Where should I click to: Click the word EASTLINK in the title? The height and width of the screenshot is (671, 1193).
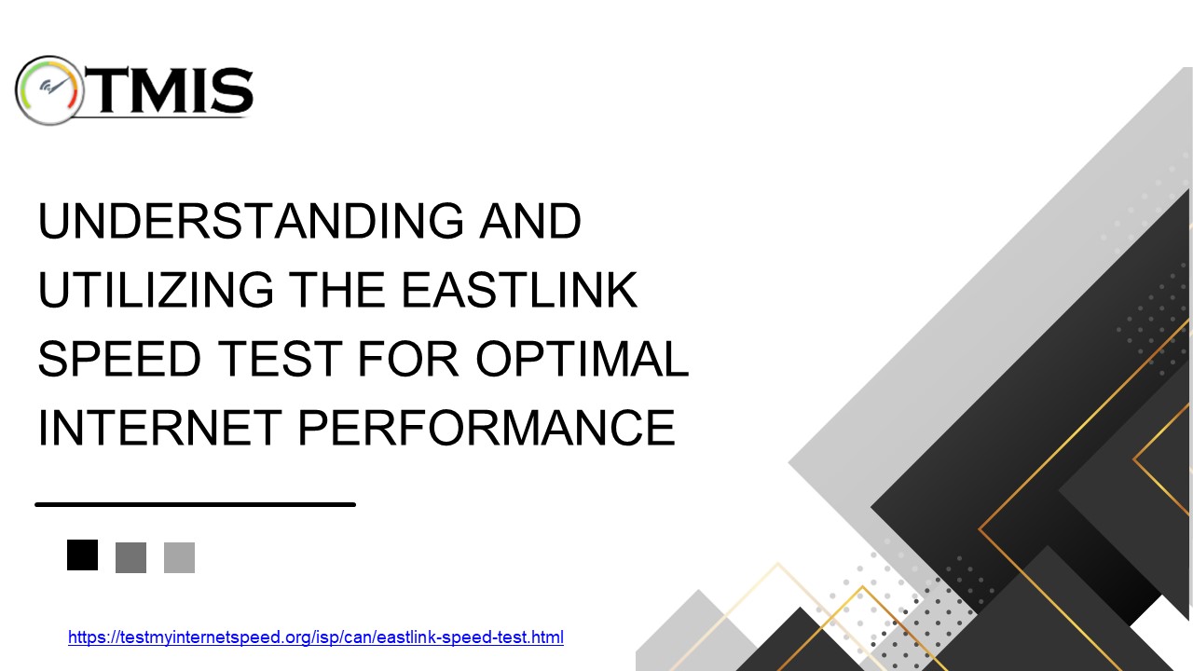tap(519, 291)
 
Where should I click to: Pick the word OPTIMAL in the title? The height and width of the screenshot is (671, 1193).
tap(581, 360)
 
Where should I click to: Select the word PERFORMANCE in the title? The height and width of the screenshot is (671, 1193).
tap(486, 429)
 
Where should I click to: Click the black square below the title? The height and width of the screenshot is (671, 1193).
tap(82, 555)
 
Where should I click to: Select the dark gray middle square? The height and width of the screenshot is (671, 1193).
tap(130, 557)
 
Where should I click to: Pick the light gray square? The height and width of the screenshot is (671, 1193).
tap(179, 557)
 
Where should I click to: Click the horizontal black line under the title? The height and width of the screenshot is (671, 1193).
tap(196, 504)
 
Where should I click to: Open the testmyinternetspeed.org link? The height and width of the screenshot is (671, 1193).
tap(316, 638)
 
